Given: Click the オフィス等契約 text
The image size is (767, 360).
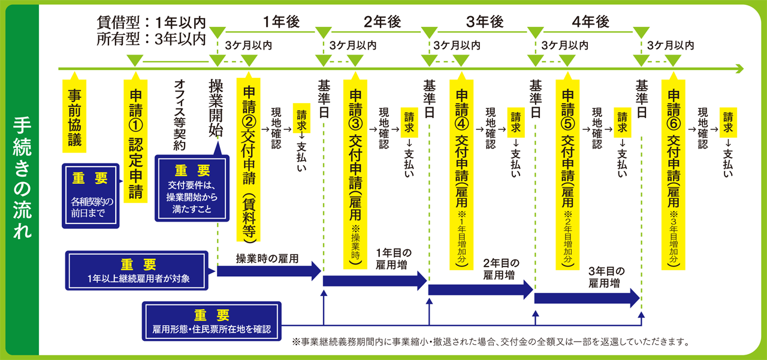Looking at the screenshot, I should (180, 114).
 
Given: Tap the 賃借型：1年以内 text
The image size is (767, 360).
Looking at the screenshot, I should (151, 22).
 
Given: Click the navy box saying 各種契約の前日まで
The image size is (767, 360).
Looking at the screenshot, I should (91, 195).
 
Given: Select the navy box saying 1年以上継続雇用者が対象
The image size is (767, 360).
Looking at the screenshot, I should (138, 271).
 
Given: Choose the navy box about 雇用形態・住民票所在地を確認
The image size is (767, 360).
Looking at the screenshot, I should (212, 322).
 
